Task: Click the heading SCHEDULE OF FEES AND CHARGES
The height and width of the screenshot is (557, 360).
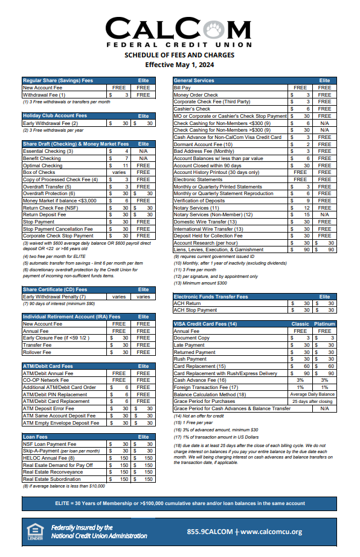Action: (x=179, y=55)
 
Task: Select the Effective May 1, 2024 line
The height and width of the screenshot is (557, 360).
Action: (x=179, y=64)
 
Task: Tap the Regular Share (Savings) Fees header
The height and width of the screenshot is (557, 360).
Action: (x=58, y=80)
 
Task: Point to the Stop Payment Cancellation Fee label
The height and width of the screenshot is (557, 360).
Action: (x=58, y=229)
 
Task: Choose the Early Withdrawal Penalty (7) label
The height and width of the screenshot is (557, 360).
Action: (x=54, y=297)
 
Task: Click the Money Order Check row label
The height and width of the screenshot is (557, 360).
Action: (x=196, y=95)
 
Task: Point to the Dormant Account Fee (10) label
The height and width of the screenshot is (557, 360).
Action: (x=203, y=144)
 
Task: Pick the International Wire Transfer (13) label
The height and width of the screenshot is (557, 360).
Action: (x=209, y=229)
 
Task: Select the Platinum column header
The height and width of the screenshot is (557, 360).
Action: (x=324, y=324)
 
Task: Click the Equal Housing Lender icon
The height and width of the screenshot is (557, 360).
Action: (x=35, y=532)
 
